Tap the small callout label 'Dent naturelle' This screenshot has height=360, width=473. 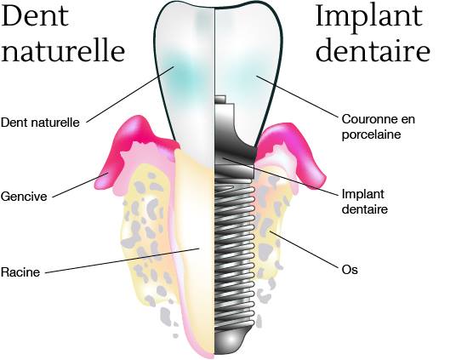(40, 123)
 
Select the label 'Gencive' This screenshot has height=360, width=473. (24, 197)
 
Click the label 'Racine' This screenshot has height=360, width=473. (20, 272)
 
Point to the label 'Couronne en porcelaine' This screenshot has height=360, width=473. (379, 127)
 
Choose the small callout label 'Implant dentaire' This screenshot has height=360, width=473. (364, 202)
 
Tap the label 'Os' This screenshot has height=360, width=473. (350, 270)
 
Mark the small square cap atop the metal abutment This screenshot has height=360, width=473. (220, 100)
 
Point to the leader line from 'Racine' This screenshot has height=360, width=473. (123, 260)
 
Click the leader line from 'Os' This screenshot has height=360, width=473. (304, 249)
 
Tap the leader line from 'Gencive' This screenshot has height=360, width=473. (80, 186)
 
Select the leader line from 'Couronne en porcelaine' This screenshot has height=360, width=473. (297, 96)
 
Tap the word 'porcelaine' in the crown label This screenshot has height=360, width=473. (372, 134)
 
